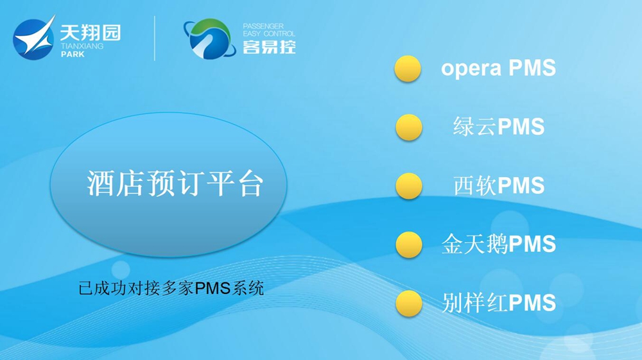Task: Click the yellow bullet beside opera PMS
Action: [x=408, y=68]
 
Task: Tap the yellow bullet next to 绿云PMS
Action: [x=408, y=127]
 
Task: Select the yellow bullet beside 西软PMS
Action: [x=408, y=186]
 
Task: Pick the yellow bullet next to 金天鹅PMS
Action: [x=408, y=244]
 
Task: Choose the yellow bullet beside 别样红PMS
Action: [x=408, y=304]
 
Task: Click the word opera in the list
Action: [x=471, y=69]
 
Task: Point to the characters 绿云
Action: [x=475, y=126]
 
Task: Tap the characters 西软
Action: [x=475, y=185]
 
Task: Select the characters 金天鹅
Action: [x=474, y=244]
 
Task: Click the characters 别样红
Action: [x=474, y=303]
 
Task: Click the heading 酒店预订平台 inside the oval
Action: [x=175, y=184]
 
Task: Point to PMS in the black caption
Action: [x=212, y=288]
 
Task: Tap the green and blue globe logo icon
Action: [x=210, y=39]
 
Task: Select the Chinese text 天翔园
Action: [x=91, y=32]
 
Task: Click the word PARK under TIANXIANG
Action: [x=73, y=54]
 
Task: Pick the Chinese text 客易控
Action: [x=269, y=47]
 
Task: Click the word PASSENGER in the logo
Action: [x=263, y=26]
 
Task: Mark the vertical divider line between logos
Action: [x=154, y=39]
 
